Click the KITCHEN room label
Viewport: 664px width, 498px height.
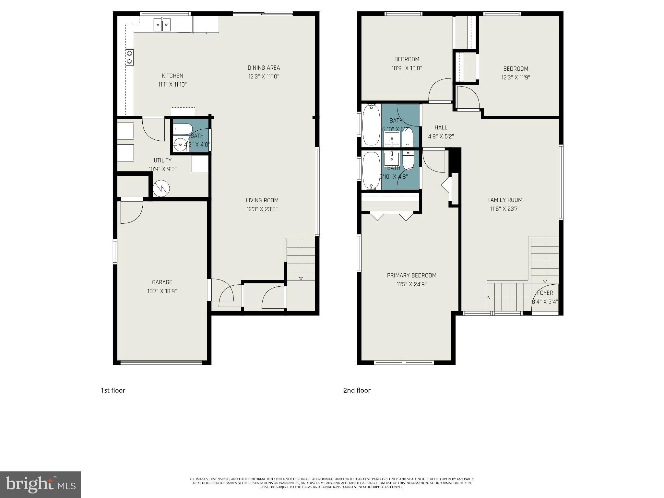pyautogui.click(x=172, y=76)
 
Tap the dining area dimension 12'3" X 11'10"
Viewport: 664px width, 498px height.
pyautogui.click(x=264, y=77)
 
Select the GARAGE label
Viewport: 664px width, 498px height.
pyautogui.click(x=162, y=282)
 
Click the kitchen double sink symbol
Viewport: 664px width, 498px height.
pyautogui.click(x=162, y=25)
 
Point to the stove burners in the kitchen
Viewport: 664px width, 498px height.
pyautogui.click(x=130, y=57)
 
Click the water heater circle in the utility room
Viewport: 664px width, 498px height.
pyautogui.click(x=161, y=188)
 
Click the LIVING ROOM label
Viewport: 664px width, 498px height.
pyautogui.click(x=262, y=200)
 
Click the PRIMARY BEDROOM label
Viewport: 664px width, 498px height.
pyautogui.click(x=411, y=276)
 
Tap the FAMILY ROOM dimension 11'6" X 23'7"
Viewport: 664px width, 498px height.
pyautogui.click(x=505, y=209)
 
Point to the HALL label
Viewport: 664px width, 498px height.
pyautogui.click(x=441, y=128)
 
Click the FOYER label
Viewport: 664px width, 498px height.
pyautogui.click(x=545, y=293)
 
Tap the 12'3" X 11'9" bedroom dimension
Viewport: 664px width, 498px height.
pyautogui.click(x=516, y=78)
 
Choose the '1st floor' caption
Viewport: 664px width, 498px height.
pyautogui.click(x=113, y=390)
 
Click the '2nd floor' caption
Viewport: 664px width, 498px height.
pyautogui.click(x=357, y=390)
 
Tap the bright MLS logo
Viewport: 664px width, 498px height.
pyautogui.click(x=41, y=485)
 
